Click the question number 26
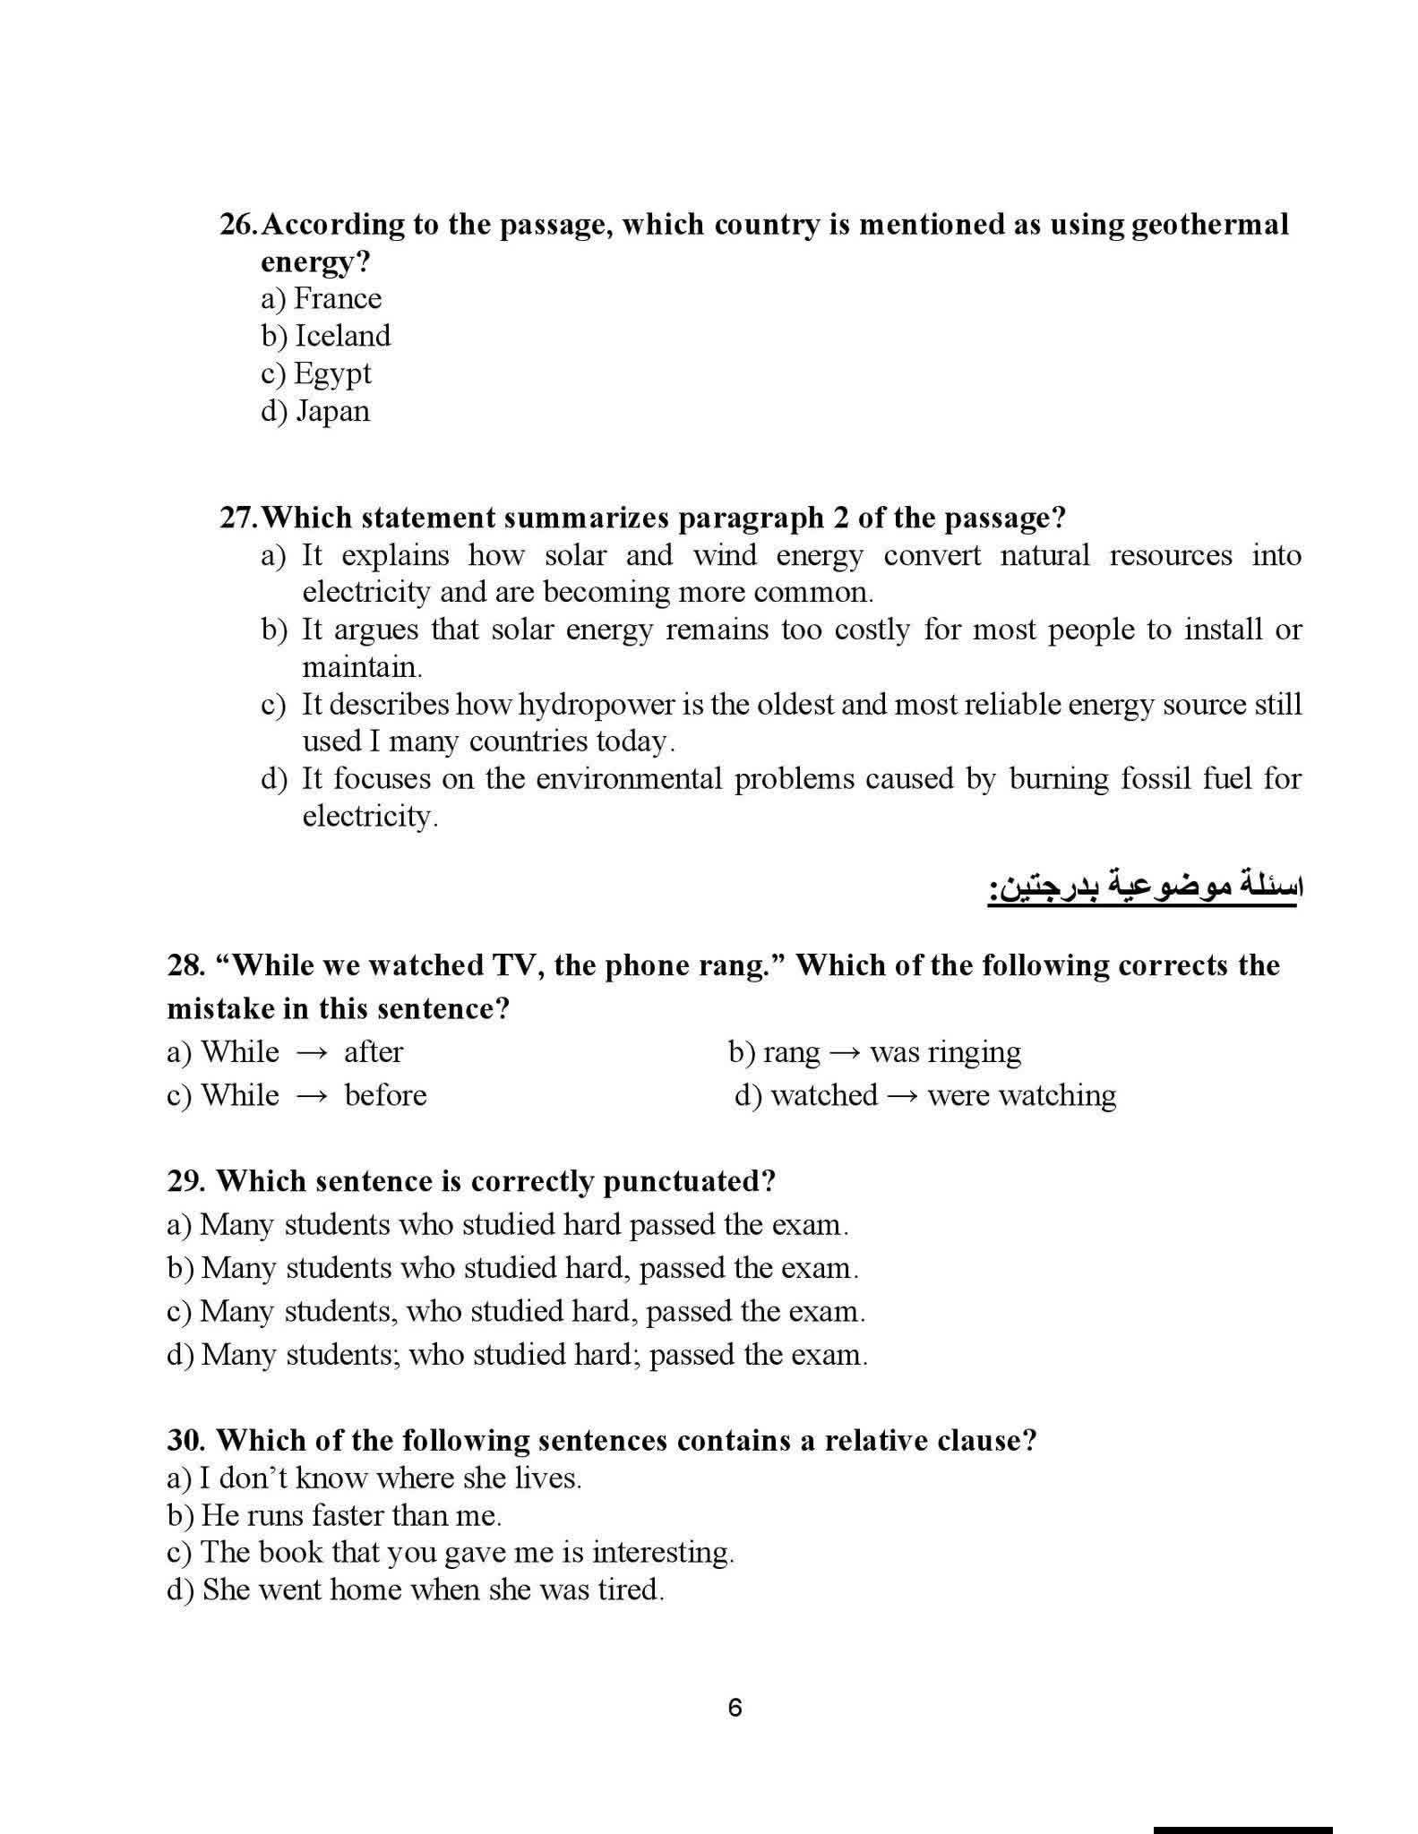tap(238, 224)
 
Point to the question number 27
tap(238, 518)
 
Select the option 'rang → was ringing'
tap(874, 1051)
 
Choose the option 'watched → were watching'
tap(925, 1095)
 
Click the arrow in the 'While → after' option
tap(312, 1052)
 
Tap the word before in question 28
tap(385, 1095)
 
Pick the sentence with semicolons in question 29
tap(517, 1354)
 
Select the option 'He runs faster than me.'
tap(334, 1514)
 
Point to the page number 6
tap(735, 1708)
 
